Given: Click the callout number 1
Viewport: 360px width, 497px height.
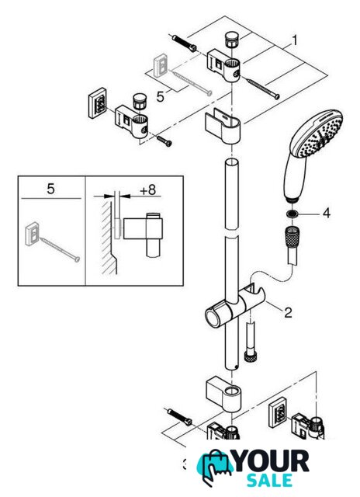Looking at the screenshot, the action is coord(295,40).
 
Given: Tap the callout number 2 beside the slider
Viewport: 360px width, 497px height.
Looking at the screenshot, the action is coord(288,312).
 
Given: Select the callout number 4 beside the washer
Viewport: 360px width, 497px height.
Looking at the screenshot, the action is coord(326,213).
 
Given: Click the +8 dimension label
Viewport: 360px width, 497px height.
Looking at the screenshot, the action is coord(148,189).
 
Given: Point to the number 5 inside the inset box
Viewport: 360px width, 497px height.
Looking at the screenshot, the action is coord(50,189).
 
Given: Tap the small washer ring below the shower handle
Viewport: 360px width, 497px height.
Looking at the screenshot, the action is coord(292,214).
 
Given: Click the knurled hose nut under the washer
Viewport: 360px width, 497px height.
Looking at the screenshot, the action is coord(292,235).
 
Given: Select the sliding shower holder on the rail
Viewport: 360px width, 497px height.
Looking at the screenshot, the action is coord(235,308).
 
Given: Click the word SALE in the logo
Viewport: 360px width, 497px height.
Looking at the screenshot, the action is coord(270,480).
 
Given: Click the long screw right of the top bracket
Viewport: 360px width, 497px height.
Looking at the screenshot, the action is coord(263,89).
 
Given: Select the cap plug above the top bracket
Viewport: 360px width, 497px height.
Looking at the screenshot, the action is coord(232,39).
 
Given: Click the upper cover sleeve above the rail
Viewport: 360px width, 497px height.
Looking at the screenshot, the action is coord(223,125).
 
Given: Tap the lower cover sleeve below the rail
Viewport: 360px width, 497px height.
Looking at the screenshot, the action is coord(223,394).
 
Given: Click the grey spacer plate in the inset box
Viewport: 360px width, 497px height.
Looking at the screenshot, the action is coord(32,234).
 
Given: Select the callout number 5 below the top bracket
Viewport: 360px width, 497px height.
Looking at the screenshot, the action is coord(161,96).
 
